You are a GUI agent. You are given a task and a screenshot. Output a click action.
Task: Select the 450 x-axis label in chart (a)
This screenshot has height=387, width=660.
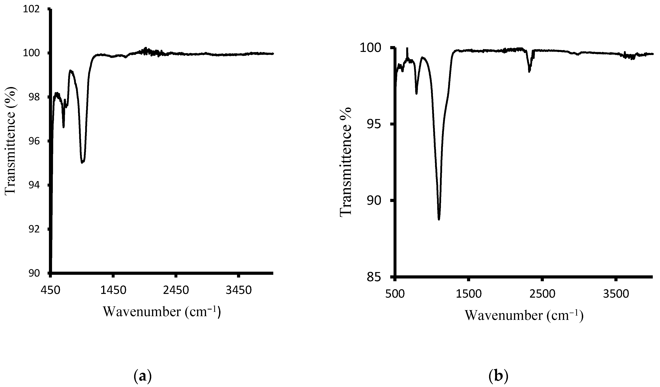pyautogui.click(x=50, y=291)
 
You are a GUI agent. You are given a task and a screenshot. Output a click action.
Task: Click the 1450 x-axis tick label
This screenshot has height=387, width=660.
pyautogui.click(x=113, y=291)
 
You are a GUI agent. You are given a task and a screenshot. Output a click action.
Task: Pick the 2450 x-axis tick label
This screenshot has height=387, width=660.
pyautogui.click(x=176, y=291)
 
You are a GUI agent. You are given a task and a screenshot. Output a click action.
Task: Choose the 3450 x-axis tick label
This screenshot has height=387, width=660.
pyautogui.click(x=239, y=291)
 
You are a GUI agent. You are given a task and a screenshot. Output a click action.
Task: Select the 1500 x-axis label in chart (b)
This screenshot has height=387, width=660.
pyautogui.click(x=469, y=294)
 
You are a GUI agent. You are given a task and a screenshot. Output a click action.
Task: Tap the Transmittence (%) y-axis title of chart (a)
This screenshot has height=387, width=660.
pyautogui.click(x=11, y=141)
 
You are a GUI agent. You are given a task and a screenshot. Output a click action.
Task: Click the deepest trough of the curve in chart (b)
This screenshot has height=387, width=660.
pyautogui.click(x=439, y=219)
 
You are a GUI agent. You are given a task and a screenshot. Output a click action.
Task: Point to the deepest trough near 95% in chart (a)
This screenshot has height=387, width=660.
pyautogui.click(x=82, y=163)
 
